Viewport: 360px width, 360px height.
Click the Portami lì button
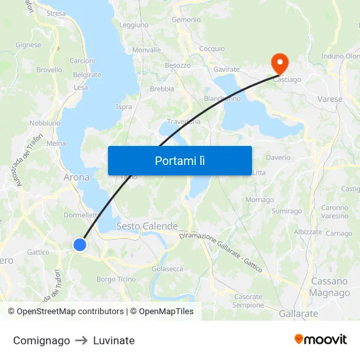(x=179, y=160)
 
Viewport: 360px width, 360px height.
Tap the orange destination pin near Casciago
(x=279, y=63)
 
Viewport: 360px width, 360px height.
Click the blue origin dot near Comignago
(x=80, y=245)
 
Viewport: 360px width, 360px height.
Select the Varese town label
(x=330, y=99)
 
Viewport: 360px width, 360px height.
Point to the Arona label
(x=77, y=177)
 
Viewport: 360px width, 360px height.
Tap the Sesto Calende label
(x=147, y=226)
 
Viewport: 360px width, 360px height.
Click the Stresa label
(x=56, y=13)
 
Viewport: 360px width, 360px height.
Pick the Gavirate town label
(x=226, y=69)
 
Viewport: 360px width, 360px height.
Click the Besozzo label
(x=177, y=65)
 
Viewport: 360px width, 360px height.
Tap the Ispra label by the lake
(x=124, y=107)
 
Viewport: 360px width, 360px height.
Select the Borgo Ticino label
(x=116, y=279)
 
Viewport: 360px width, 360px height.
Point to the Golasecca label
(x=168, y=268)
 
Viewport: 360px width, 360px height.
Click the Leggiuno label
(x=134, y=25)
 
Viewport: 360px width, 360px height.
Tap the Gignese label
(x=28, y=45)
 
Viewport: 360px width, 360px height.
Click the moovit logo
(x=321, y=340)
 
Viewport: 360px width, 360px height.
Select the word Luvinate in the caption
(x=114, y=340)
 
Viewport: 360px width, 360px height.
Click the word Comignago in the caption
(x=41, y=340)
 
